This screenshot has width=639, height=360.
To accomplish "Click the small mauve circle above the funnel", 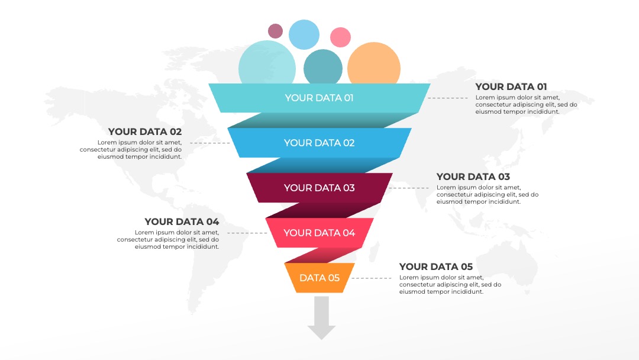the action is pos(276,31).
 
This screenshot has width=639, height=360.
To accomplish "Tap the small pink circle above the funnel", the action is pos(340,37).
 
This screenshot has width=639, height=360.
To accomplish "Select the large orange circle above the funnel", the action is pos(374,65).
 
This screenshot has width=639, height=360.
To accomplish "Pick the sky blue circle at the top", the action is pos(304,35).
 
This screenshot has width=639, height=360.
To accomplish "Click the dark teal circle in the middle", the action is pos(323,67).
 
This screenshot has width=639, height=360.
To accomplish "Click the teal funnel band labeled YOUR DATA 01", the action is pos(319,98).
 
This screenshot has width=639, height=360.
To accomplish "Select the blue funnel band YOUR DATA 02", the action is pos(319,143).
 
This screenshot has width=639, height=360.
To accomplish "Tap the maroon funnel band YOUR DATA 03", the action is pos(319,188).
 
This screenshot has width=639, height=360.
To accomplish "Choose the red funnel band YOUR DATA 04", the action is pos(319,233).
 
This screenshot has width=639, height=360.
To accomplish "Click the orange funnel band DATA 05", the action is pos(319,278).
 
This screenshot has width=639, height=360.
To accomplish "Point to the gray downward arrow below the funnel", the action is pos(321,318).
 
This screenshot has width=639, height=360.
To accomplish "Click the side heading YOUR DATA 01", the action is pos(511,87).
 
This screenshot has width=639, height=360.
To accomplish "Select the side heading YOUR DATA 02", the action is pos(145,131).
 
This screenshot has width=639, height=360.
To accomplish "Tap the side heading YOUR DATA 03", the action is pos(473,176).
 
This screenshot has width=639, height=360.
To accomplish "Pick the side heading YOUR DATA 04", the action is pos(182,222).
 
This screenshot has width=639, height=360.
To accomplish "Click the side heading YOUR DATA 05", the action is pos(436,266).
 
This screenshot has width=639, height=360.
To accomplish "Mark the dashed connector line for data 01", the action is pos(448,98).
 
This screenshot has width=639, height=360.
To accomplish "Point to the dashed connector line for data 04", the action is pos(247,233).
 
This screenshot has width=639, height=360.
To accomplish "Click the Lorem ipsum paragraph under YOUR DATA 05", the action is pos(450,285).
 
